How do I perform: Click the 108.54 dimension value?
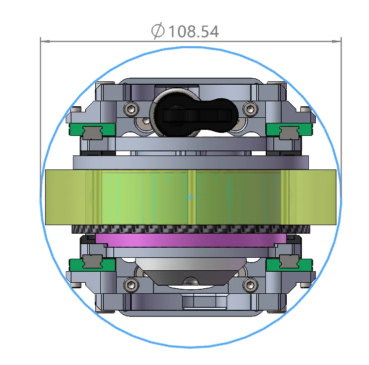(194, 32)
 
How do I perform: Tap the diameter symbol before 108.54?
(157, 31)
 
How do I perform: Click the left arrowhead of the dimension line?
(45, 42)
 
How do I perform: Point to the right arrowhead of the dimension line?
(336, 42)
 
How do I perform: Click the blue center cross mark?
(191, 197)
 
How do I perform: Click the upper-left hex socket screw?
(131, 109)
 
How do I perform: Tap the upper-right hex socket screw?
(250, 109)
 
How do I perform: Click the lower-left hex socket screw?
(131, 285)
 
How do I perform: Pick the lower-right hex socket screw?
(250, 285)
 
